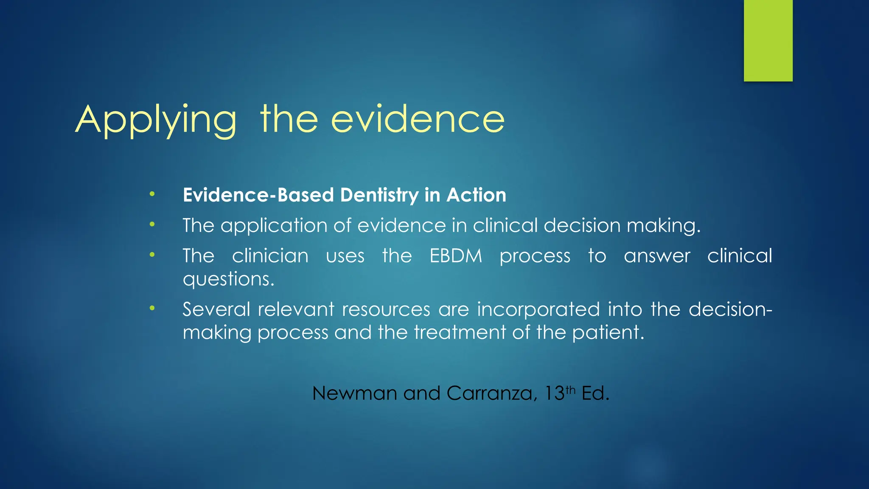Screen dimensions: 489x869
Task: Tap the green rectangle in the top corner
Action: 768,40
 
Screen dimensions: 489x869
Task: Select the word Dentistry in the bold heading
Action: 379,195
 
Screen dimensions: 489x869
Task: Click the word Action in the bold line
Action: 476,195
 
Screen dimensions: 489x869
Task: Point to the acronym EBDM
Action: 456,256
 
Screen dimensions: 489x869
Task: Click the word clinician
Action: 270,256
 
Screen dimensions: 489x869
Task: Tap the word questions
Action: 228,279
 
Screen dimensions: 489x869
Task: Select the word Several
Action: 216,309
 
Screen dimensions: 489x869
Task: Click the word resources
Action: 386,309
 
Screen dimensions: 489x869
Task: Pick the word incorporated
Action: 538,309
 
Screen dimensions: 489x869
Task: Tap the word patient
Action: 608,333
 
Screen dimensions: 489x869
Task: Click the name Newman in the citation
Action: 354,393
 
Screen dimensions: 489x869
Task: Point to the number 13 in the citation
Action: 554,393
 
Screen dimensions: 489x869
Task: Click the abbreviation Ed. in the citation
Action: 595,393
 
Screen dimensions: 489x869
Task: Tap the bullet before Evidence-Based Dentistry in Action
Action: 152,194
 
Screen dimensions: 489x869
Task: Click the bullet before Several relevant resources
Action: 152,308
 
